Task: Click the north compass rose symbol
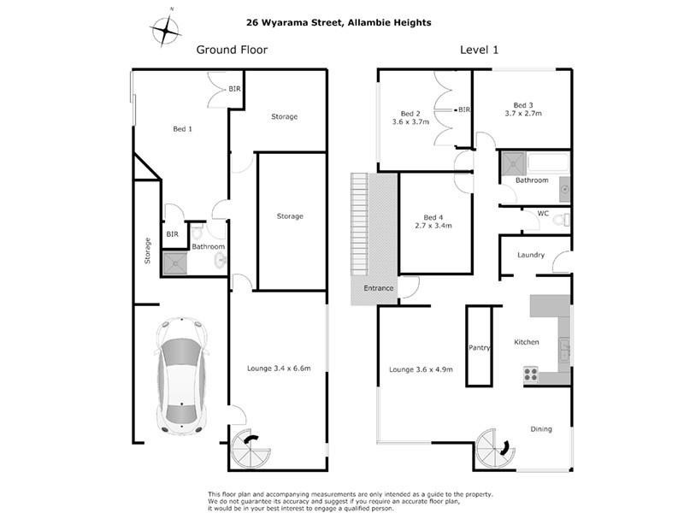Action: tap(166, 31)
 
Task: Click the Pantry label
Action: tap(478, 348)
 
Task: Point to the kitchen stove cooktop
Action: tap(530, 374)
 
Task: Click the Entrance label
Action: tap(379, 288)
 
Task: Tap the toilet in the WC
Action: tap(561, 220)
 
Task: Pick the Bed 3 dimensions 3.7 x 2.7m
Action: tap(523, 114)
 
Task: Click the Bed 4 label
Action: tap(434, 217)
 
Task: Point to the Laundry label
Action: tap(531, 255)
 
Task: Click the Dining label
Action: tap(540, 429)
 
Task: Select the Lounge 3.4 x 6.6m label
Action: tap(279, 369)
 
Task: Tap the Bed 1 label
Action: tap(182, 129)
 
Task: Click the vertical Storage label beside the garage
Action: tap(147, 251)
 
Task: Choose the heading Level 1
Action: tap(479, 50)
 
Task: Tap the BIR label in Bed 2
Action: tap(465, 109)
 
